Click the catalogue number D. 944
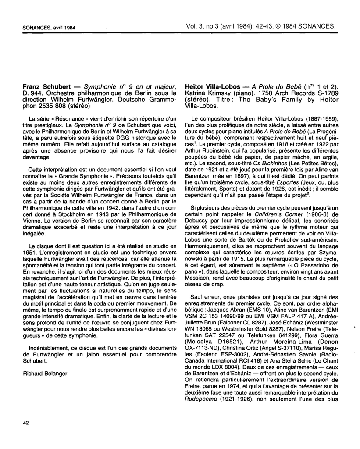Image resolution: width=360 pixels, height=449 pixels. pos(32,93)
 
